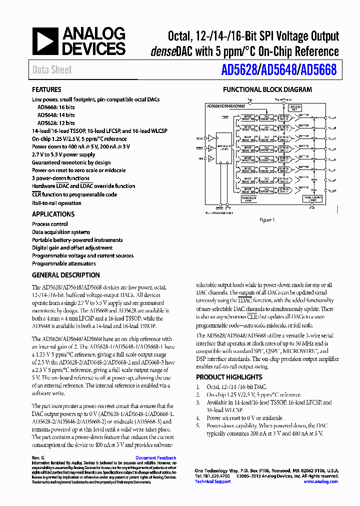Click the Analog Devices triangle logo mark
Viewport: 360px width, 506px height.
[x=45, y=42]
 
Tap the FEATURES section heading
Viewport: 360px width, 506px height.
[x=46, y=89]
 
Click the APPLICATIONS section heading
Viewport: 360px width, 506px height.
[x=53, y=214]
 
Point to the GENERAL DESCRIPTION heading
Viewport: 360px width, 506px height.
[x=65, y=275]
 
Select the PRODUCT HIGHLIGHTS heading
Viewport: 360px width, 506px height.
[x=228, y=377]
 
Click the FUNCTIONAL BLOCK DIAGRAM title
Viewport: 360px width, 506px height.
[x=267, y=90]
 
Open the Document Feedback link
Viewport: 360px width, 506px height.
[x=155, y=458]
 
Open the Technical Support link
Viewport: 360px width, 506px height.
[x=212, y=481]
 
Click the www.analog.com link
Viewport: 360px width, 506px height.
[x=320, y=481]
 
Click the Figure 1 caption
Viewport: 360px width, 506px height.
[x=267, y=220]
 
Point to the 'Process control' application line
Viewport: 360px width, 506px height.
[x=50, y=224]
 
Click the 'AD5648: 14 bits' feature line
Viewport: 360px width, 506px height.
[x=56, y=115]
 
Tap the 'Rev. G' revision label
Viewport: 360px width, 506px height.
[x=38, y=458]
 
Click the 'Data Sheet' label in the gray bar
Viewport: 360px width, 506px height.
[x=52, y=70]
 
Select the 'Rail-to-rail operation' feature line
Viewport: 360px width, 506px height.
[x=56, y=203]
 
